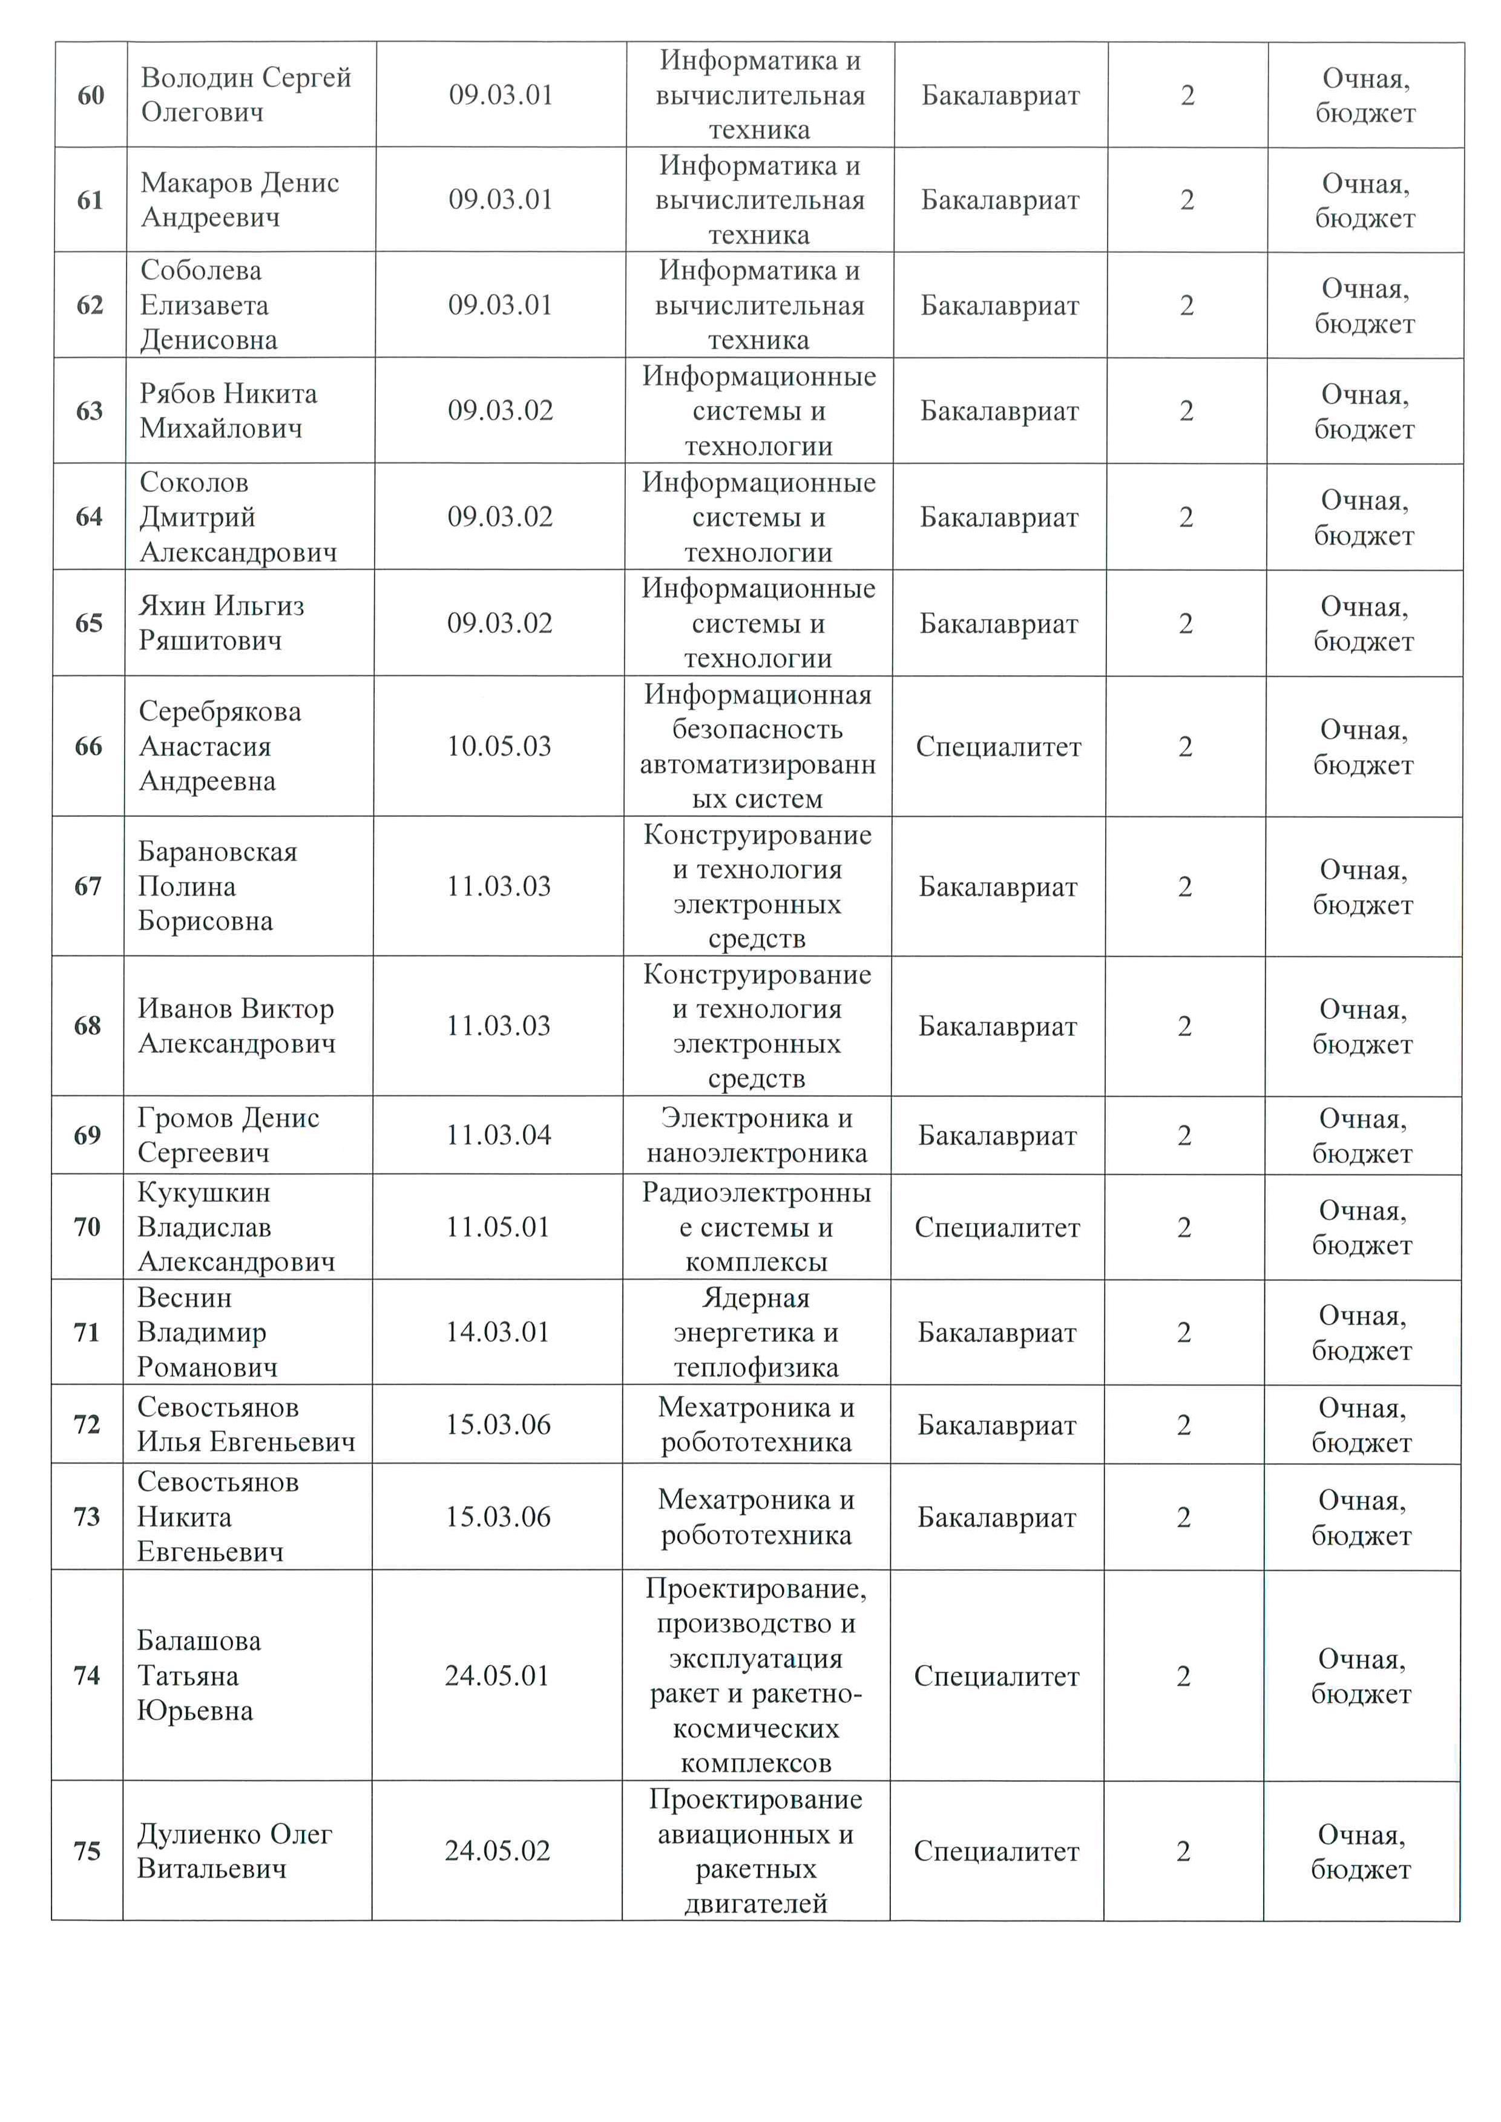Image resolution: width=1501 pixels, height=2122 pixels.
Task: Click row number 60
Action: pyautogui.click(x=91, y=95)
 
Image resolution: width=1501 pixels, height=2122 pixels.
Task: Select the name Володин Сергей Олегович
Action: pyautogui.click(x=245, y=94)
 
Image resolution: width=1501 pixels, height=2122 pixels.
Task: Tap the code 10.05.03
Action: pyautogui.click(x=499, y=746)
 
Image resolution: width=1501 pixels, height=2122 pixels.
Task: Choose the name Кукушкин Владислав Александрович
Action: pyautogui.click(x=235, y=1226)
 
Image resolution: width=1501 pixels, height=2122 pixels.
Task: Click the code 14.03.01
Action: pyautogui.click(x=498, y=1332)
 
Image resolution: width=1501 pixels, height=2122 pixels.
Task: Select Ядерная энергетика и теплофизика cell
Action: pyautogui.click(x=755, y=1332)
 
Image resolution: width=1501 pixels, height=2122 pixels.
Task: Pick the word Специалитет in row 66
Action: pyautogui.click(x=998, y=747)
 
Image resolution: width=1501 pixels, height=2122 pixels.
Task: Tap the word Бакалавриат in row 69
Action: pyautogui.click(x=997, y=1136)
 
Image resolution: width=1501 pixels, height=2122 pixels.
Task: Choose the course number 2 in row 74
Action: pyautogui.click(x=1183, y=1675)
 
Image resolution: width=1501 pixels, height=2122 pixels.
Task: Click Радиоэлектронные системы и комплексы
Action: pyautogui.click(x=756, y=1226)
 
